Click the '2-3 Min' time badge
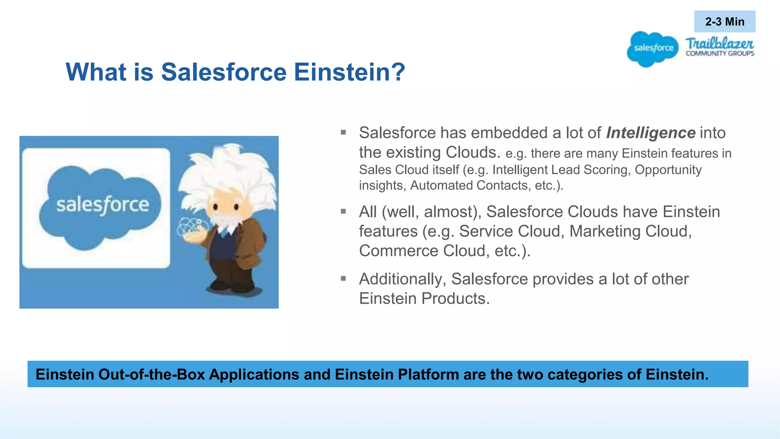click(724, 22)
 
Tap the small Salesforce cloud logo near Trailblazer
click(653, 49)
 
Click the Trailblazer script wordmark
click(719, 43)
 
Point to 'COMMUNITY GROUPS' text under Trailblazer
click(720, 54)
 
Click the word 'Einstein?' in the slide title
click(349, 72)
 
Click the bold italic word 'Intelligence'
click(651, 133)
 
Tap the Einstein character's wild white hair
click(229, 168)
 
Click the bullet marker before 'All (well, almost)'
click(343, 211)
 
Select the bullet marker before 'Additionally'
click(343, 279)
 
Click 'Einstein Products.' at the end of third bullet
click(424, 298)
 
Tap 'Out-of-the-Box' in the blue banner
click(152, 374)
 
